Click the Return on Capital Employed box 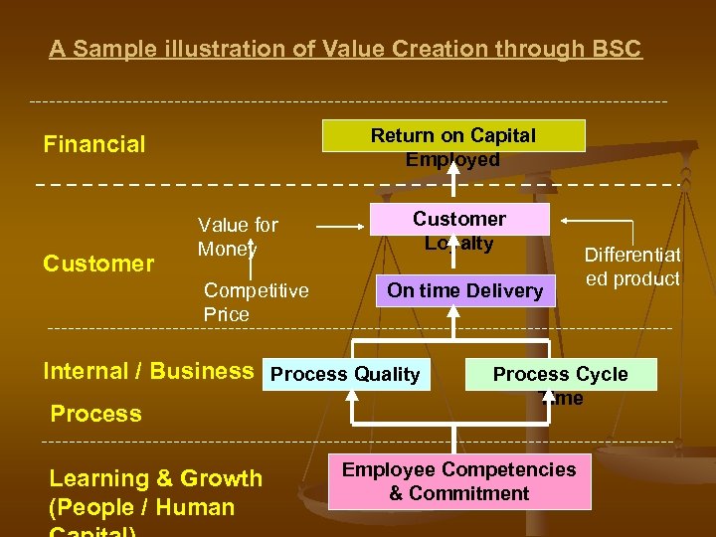point(452,136)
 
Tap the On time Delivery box point(465,290)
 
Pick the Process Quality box point(345,374)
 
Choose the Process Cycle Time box point(561,374)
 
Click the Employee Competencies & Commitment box point(459,481)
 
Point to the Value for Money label point(238,237)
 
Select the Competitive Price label point(256,302)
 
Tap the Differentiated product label point(632,268)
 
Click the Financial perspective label point(94,144)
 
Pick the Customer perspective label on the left point(98,264)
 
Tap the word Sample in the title point(103,49)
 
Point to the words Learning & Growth point(156,478)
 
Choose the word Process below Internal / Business point(95,413)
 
